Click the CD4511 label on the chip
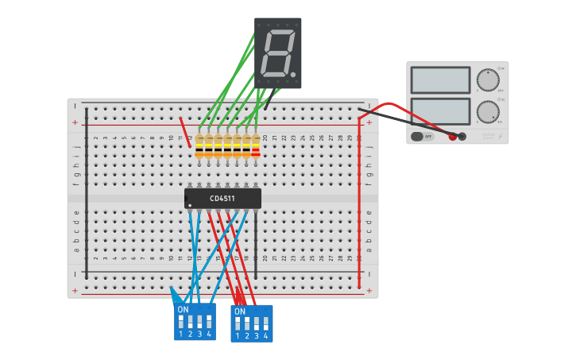pyautogui.click(x=222, y=199)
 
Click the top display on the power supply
pyautogui.click(x=440, y=80)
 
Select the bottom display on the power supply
pyautogui.click(x=440, y=111)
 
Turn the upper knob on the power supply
pyautogui.click(x=487, y=80)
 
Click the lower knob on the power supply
pyautogui.click(x=487, y=112)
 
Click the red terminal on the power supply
pyautogui.click(x=453, y=137)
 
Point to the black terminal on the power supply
pyautogui.click(x=462, y=137)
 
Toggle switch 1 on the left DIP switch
pyautogui.click(x=181, y=321)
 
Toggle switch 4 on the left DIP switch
pyautogui.click(x=209, y=321)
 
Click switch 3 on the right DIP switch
pyautogui.click(x=256, y=324)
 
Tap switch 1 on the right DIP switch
pyautogui.click(x=238, y=324)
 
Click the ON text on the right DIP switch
pyautogui.click(x=239, y=312)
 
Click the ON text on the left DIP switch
pyautogui.click(x=183, y=308)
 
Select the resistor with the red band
pyautogui.click(x=256, y=145)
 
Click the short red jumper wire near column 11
pyautogui.click(x=184, y=132)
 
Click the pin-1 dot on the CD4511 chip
pyautogui.click(x=190, y=206)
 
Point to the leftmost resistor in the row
pyautogui.click(x=199, y=145)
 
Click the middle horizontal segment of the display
pyautogui.click(x=278, y=53)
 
